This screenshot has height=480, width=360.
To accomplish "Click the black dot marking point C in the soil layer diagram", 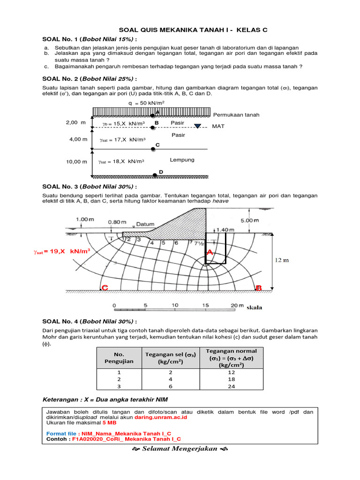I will (x=153, y=149).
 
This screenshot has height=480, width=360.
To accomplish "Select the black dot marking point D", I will (x=155, y=175).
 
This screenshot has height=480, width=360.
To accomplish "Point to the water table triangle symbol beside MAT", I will (x=198, y=126).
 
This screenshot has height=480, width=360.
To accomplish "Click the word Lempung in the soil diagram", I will (x=182, y=160).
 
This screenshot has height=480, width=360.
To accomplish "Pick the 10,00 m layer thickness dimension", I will (x=76, y=162).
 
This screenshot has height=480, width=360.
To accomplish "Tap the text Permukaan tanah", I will (x=236, y=115).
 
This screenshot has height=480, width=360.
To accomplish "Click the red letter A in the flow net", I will (x=210, y=253).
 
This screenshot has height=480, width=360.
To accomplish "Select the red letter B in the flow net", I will (x=259, y=288).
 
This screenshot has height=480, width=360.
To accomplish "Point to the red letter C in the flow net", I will (x=105, y=288).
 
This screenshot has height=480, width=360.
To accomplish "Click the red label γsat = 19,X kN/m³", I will (x=62, y=252).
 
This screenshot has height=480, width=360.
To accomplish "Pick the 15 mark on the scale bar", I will (x=205, y=305).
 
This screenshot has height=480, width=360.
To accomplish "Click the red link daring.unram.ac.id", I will (x=161, y=417).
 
